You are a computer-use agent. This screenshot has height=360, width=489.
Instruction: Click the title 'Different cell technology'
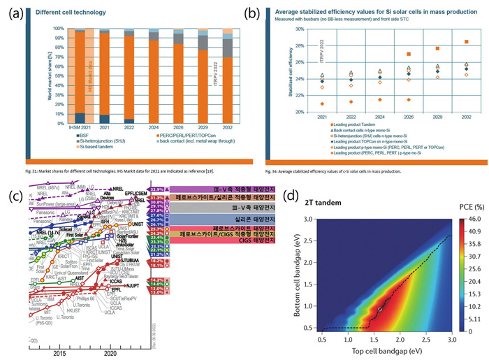[x=75, y=13]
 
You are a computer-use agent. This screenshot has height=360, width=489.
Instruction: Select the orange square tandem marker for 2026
[x=408, y=55]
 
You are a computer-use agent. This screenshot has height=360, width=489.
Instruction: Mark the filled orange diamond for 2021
[x=321, y=103]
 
